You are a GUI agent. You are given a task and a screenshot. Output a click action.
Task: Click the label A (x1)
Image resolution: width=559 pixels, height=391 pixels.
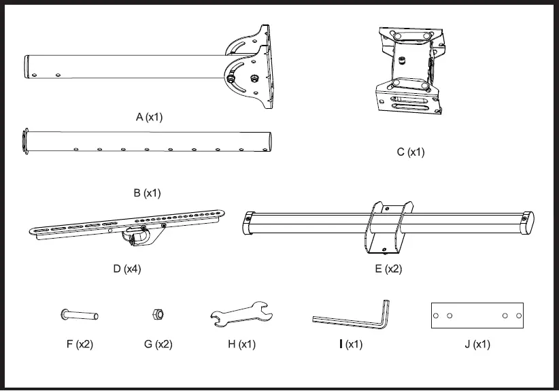149,117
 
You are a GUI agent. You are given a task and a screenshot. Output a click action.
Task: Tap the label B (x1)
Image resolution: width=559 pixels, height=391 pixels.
146,193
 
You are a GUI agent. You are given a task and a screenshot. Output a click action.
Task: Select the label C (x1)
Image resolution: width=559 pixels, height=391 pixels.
411,152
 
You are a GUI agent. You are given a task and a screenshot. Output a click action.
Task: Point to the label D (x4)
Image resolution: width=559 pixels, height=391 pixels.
127,269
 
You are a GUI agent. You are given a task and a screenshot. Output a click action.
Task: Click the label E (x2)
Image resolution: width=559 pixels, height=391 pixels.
388,269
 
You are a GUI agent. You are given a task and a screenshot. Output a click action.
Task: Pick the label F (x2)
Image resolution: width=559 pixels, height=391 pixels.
80,344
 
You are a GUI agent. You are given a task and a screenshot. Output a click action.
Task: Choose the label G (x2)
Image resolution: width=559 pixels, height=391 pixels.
158,344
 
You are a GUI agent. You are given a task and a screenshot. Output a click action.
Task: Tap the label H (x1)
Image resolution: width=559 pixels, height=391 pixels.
241,344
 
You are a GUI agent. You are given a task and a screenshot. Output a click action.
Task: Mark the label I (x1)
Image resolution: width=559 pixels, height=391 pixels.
351,344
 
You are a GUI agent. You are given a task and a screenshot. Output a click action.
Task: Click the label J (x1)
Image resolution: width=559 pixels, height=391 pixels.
477,344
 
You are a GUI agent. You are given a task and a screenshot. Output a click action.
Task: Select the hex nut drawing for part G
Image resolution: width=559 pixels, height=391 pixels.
156,314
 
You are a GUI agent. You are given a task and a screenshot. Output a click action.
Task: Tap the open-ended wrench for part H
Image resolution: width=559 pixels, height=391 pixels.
241,315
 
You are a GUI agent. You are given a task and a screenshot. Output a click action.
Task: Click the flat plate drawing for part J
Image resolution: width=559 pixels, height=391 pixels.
477,316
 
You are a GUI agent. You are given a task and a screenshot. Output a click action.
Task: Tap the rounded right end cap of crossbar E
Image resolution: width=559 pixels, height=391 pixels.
529,222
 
